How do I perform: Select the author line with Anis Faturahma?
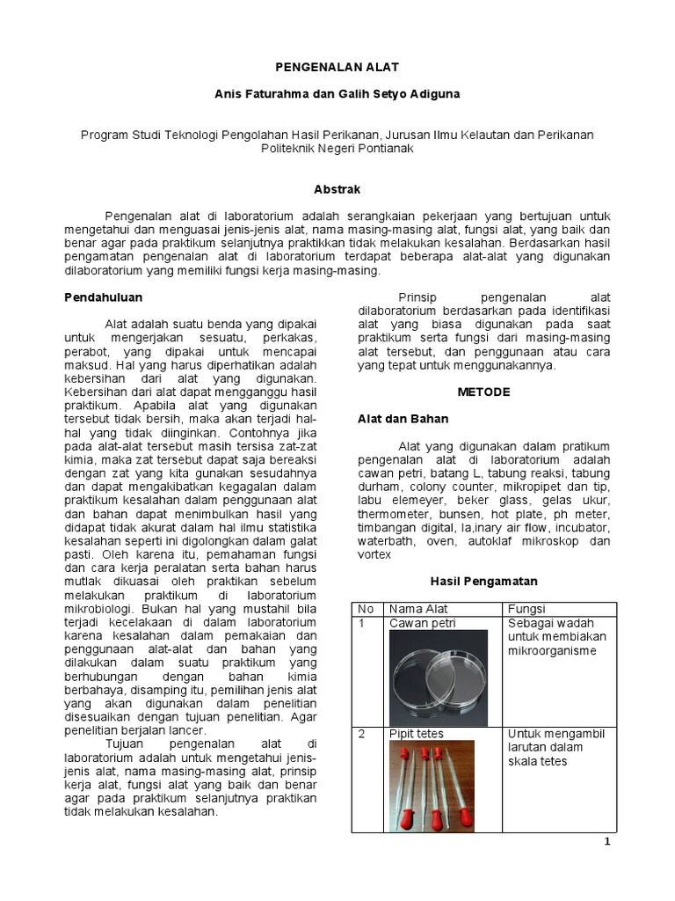click(x=337, y=92)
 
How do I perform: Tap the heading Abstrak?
click(x=337, y=189)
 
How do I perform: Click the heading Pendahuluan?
click(x=104, y=297)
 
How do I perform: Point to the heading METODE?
click(x=483, y=392)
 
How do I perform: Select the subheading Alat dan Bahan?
click(x=403, y=419)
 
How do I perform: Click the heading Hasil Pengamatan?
click(x=483, y=582)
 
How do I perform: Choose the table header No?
click(x=366, y=609)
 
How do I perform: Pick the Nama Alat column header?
click(x=418, y=609)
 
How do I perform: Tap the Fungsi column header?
click(x=527, y=609)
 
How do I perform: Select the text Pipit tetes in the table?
click(x=417, y=734)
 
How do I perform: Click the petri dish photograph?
click(x=443, y=676)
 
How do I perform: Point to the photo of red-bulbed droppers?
click(x=432, y=786)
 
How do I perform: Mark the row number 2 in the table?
click(x=360, y=734)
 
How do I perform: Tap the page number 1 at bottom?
click(x=606, y=841)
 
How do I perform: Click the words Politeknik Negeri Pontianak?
click(x=337, y=149)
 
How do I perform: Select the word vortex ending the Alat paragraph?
click(x=374, y=555)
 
